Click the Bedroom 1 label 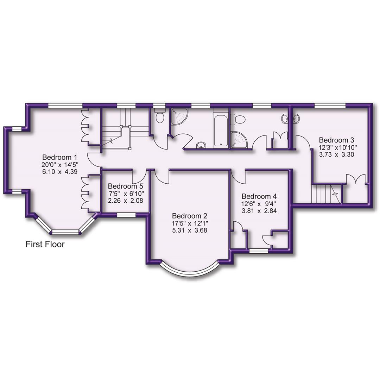[x=59, y=157]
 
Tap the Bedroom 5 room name [x=126, y=186]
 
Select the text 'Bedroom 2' [x=189, y=216]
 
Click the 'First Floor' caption [x=45, y=244]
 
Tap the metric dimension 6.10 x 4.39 [x=59, y=171]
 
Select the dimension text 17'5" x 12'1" [x=189, y=223]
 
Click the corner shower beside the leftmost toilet [x=179, y=116]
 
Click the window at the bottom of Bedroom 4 [x=259, y=251]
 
